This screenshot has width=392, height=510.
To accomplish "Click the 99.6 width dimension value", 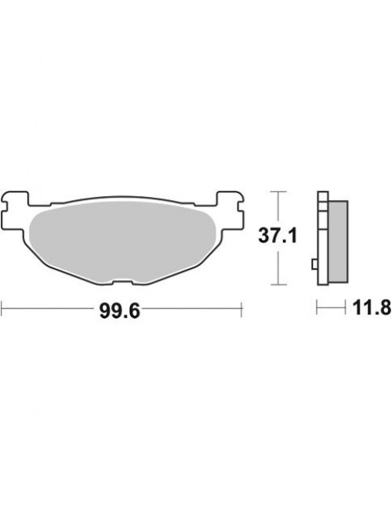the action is click(x=120, y=311).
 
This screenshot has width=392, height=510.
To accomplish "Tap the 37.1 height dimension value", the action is click(x=278, y=235).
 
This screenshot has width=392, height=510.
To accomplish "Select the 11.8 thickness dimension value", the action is click(x=372, y=308).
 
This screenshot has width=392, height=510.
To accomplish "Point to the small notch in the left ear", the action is click(x=5, y=206).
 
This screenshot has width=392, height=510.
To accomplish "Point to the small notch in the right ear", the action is click(x=241, y=206).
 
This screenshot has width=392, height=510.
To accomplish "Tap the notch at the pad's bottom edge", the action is click(x=122, y=282).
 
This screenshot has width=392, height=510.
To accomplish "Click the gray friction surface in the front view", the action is click(x=122, y=242).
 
